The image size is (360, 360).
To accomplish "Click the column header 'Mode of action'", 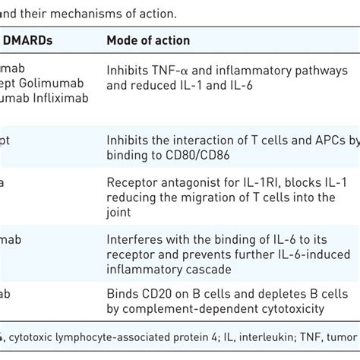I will [148, 40].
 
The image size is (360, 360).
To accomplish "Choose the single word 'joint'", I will [119, 212].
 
